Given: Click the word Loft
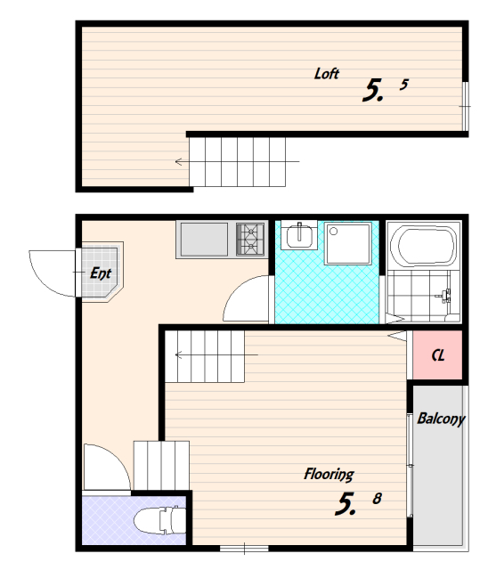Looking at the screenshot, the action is [x=326, y=74].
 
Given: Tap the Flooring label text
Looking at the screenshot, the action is [x=329, y=475].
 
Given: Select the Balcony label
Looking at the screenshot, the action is [x=441, y=419].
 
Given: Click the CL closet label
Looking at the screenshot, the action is [x=438, y=355].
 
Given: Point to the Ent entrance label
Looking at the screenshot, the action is [x=101, y=273].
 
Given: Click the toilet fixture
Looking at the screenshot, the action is [x=160, y=520].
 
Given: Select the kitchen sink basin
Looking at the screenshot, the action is [x=204, y=240].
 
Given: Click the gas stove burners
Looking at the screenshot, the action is [x=250, y=240].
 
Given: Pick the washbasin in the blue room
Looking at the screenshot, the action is [x=299, y=237].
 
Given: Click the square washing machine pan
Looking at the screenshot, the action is [x=348, y=243].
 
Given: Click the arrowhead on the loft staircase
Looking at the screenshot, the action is [x=178, y=162].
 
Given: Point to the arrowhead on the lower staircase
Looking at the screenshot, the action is [x=178, y=354].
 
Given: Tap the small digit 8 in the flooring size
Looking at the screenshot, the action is [x=378, y=499].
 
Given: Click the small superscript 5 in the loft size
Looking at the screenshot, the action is [x=404, y=85].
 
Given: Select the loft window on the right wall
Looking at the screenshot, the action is [x=465, y=106].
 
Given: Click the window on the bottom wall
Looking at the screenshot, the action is [x=244, y=549].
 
